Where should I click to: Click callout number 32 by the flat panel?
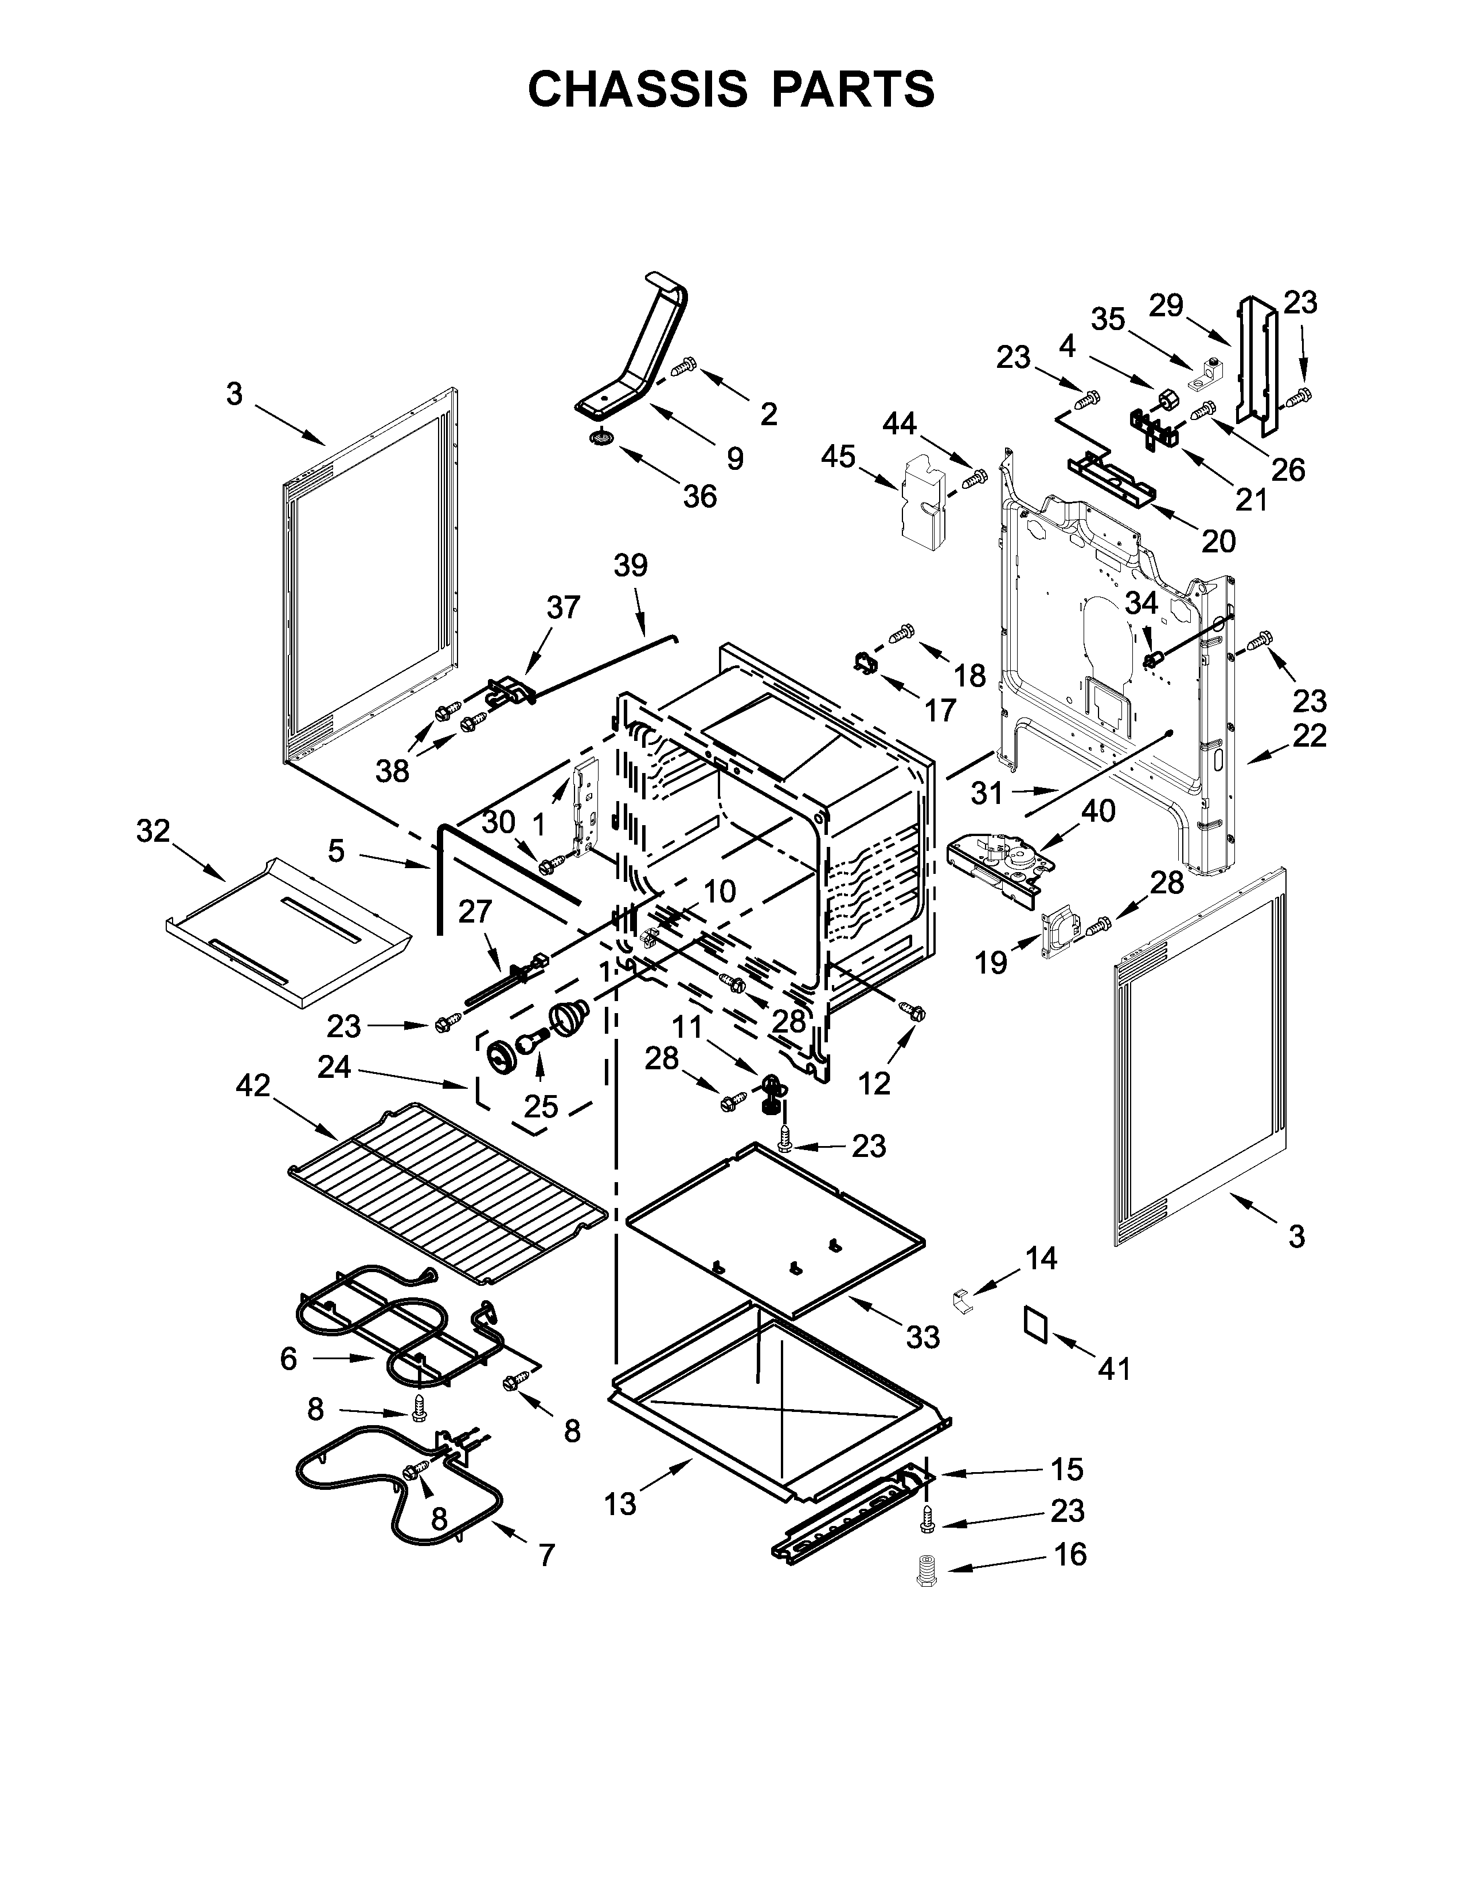click(x=153, y=831)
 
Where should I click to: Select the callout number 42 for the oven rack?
click(x=253, y=1086)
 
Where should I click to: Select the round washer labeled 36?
click(x=597, y=439)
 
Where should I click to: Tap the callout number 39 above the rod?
click(x=631, y=566)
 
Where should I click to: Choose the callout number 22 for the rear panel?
click(x=1309, y=735)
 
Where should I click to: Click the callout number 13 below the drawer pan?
click(x=620, y=1504)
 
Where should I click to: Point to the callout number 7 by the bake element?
click(x=546, y=1556)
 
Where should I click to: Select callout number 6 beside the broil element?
click(x=288, y=1359)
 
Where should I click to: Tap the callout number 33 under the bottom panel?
click(x=922, y=1337)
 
